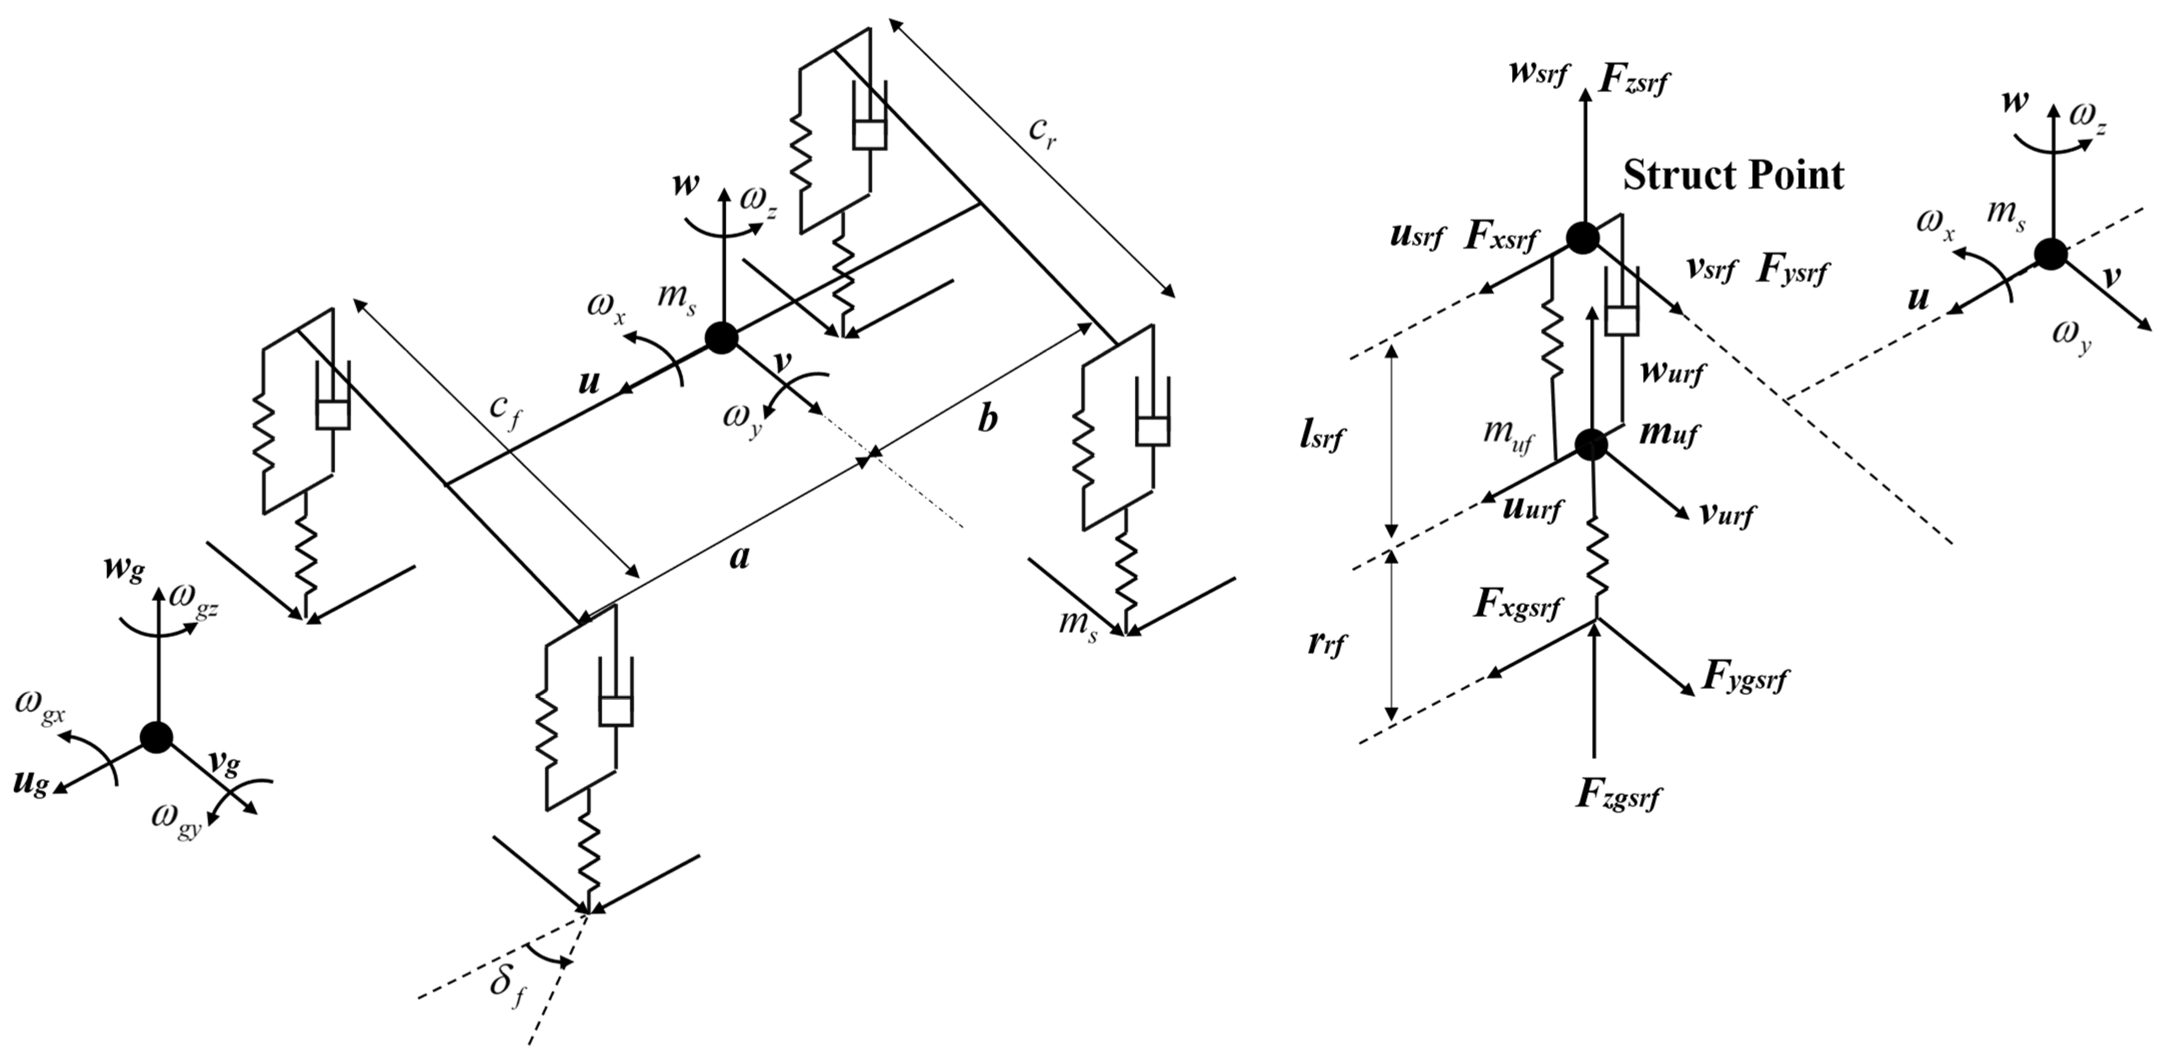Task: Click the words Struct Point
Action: pos(1733,176)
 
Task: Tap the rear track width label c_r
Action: pos(1043,129)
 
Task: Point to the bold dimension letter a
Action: pos(739,557)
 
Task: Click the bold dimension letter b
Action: pos(988,419)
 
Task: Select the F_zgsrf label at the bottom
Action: pos(1619,794)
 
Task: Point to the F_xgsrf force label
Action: pos(1517,606)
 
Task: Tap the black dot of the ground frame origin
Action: pos(156,737)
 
